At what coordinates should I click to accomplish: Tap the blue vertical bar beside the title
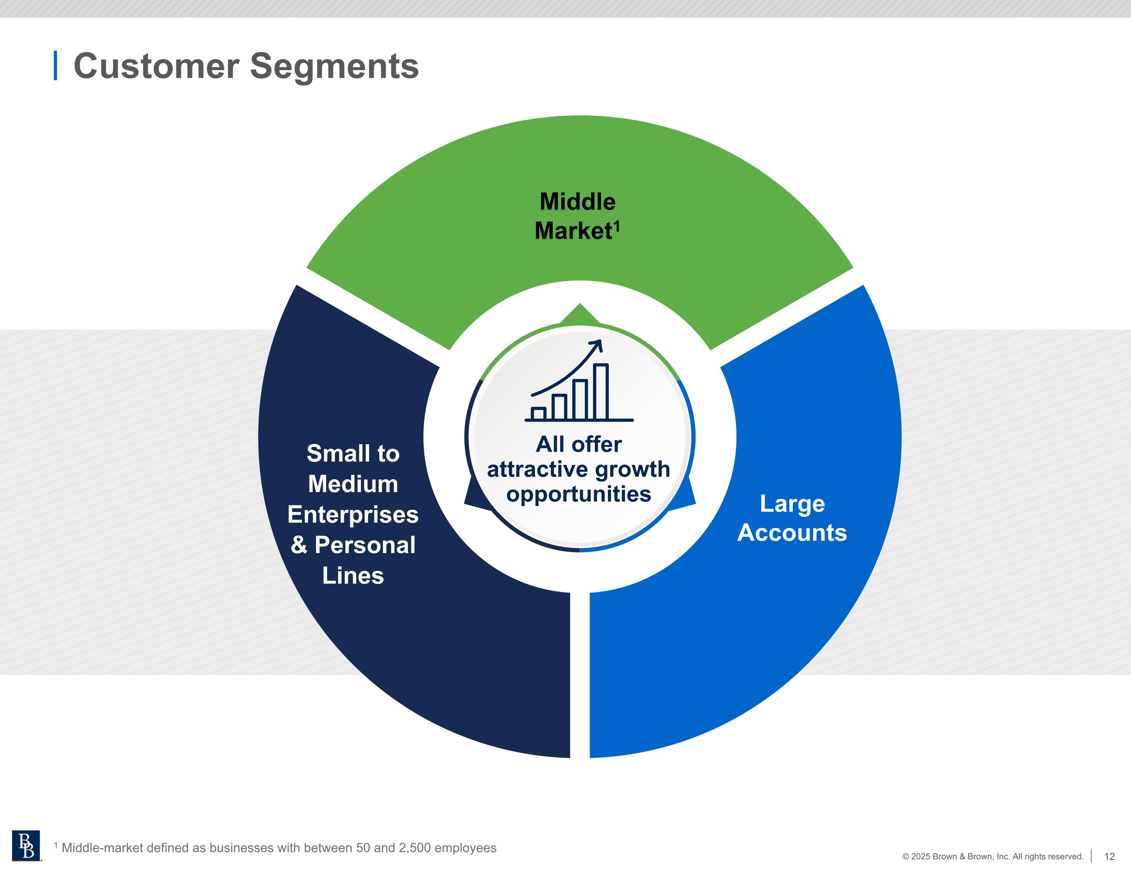(55, 66)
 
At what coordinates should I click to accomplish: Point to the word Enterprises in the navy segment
(352, 514)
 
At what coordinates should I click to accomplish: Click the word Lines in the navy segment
(352, 575)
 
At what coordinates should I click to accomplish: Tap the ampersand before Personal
(299, 545)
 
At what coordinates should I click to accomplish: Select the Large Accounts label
(792, 518)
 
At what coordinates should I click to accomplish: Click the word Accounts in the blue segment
(792, 532)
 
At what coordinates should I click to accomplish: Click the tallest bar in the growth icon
(601, 392)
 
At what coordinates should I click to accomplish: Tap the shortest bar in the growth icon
(539, 413)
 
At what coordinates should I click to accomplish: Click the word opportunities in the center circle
(578, 494)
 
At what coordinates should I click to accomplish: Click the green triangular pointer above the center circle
(579, 315)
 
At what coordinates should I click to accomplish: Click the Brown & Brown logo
(26, 845)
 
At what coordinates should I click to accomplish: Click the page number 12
(1109, 856)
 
